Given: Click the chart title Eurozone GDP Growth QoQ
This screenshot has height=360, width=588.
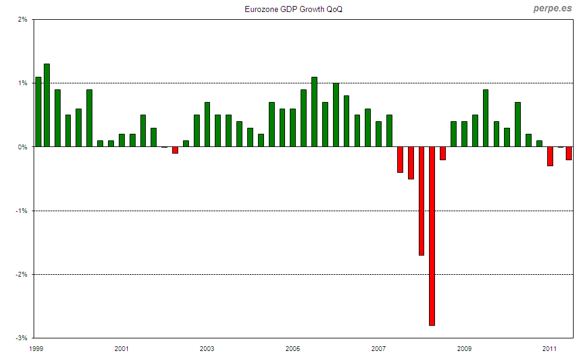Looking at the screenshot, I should (x=294, y=10).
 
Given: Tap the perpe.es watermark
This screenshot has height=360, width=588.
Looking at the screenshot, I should (x=552, y=9).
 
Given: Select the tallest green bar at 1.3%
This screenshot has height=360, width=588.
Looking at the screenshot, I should (x=47, y=105).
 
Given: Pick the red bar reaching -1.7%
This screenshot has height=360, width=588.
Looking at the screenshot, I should (x=421, y=201).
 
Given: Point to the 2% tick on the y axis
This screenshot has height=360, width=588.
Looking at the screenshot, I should (x=23, y=20).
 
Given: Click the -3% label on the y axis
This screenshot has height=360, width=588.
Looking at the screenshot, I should (x=22, y=338).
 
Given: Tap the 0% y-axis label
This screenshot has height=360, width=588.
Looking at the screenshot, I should (x=23, y=147).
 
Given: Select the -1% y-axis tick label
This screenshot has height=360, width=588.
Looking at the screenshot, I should (x=22, y=211).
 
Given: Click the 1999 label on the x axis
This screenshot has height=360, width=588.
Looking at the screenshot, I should (x=35, y=348).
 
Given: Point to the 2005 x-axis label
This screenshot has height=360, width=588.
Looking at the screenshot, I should (x=293, y=348).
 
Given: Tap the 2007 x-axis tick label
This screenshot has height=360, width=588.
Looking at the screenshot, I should (x=378, y=348).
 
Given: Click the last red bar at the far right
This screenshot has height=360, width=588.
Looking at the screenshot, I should (x=569, y=153).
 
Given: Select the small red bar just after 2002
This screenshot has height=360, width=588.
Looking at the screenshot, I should (x=175, y=150).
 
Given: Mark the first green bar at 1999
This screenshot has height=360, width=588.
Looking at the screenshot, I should (x=38, y=112).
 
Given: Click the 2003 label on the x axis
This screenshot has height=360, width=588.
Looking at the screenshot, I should (x=207, y=348).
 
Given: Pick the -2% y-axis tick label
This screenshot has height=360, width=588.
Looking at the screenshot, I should (x=22, y=275).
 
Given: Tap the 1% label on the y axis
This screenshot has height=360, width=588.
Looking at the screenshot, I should (x=23, y=83).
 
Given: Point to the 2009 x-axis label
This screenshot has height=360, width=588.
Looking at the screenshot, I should (x=464, y=348).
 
